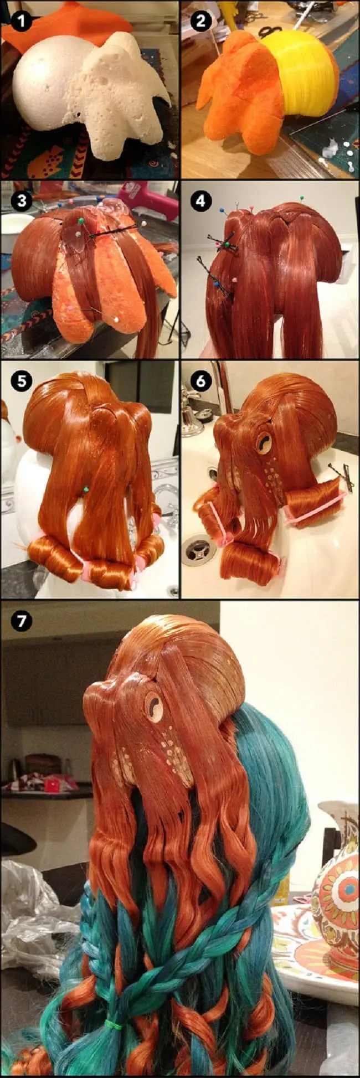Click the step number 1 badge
(x=21, y=22)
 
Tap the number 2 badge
(x=200, y=22)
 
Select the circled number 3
(x=21, y=200)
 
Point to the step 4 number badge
(x=200, y=200)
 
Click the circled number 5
(x=21, y=381)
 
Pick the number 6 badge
(x=200, y=381)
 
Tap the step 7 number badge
(x=21, y=621)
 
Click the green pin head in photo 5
(x=86, y=489)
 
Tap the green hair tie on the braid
(x=114, y=1010)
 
